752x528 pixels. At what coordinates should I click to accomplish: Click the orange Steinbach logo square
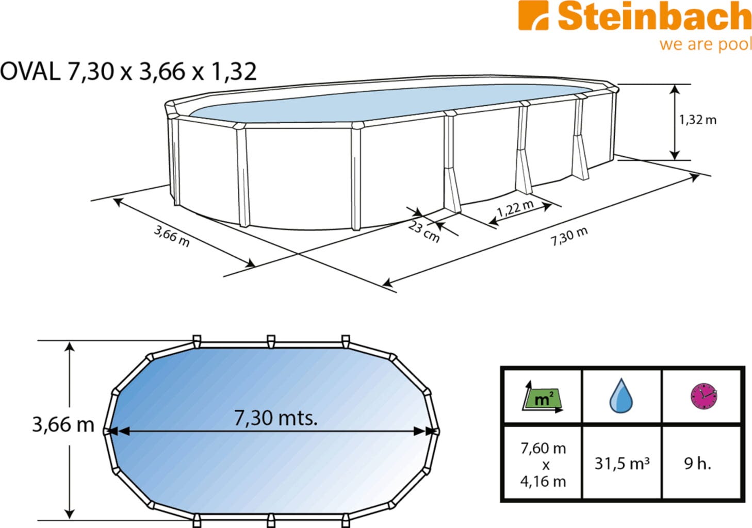[533, 15]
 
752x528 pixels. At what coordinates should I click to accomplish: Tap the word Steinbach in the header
[655, 16]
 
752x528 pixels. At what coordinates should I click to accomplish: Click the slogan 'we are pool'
[706, 44]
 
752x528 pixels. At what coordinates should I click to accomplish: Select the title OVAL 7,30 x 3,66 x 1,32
[128, 71]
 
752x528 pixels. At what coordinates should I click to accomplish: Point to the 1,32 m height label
[698, 120]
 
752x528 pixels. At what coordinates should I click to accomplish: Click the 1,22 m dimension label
[515, 208]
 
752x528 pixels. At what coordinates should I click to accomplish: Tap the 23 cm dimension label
[424, 232]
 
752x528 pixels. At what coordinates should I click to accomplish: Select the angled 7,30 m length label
[569, 236]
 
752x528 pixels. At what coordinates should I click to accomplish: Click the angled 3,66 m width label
[172, 236]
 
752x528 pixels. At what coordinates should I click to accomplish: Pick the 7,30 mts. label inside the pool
[275, 418]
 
